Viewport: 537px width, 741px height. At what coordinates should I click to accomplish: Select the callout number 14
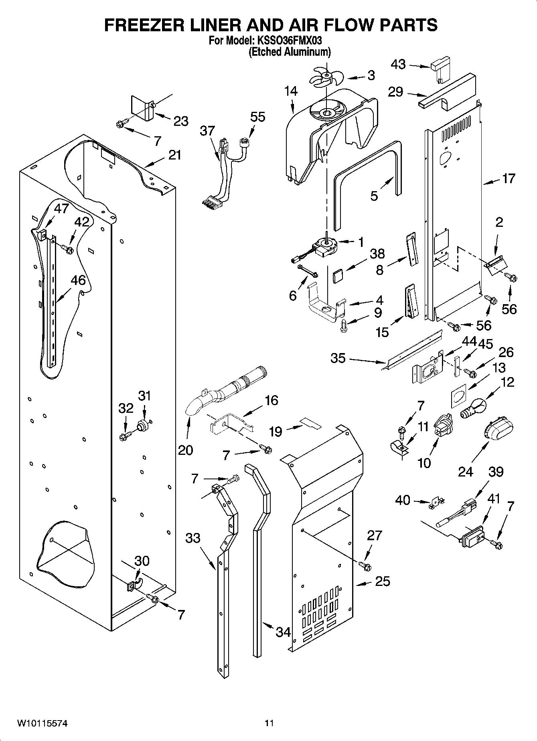pos(291,91)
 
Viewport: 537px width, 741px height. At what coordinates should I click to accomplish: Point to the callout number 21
pos(174,155)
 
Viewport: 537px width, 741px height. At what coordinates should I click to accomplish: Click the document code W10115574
pos(42,723)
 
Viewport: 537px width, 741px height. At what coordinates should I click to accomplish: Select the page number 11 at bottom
pos(269,723)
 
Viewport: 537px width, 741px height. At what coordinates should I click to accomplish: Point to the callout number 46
pos(78,280)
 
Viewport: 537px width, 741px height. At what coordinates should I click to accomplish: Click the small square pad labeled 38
pos(338,276)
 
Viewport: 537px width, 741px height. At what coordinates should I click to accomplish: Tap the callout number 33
pos(193,537)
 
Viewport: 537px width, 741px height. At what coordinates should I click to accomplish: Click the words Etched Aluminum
pos(290,52)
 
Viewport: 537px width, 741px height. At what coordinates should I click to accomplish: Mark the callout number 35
pos(338,358)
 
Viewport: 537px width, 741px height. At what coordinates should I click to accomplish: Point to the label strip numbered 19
pos(310,423)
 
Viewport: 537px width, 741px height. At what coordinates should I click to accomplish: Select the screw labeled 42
pos(67,250)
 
